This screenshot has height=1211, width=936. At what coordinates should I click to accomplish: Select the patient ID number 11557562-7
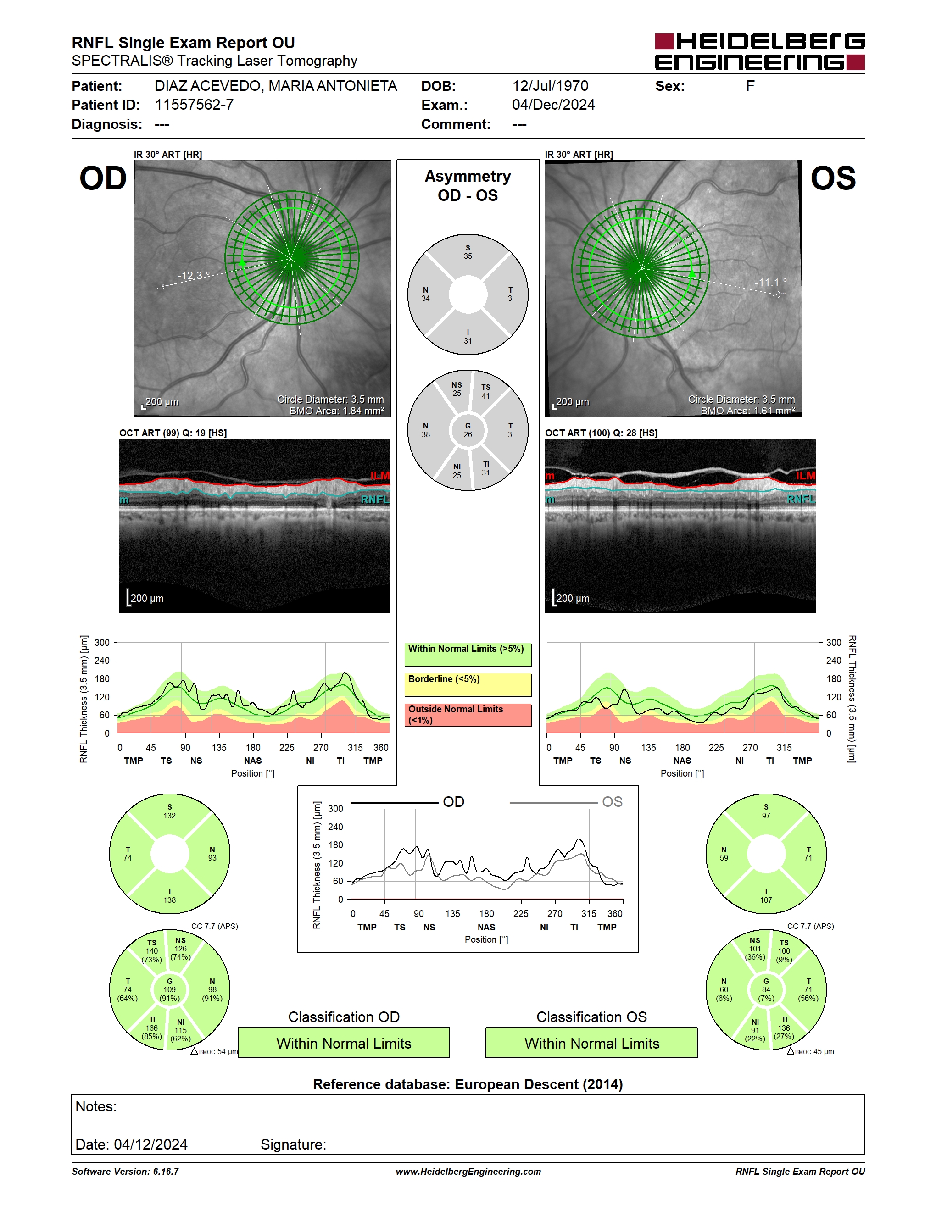point(194,105)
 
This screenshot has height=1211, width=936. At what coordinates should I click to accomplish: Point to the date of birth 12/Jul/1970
point(550,86)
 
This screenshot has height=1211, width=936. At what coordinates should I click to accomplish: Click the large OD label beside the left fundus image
point(103,178)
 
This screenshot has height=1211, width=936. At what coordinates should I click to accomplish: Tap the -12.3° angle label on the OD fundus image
point(194,276)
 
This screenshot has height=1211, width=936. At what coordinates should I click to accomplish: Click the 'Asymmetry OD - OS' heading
point(468,186)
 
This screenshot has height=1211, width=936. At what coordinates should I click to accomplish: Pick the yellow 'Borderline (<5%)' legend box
point(468,685)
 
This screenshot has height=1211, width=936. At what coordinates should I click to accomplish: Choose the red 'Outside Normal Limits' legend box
point(468,715)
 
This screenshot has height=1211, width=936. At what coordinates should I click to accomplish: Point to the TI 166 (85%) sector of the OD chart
point(151,1028)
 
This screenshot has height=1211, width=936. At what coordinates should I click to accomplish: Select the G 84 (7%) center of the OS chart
point(766,990)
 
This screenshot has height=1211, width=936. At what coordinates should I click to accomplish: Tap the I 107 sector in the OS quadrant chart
point(766,896)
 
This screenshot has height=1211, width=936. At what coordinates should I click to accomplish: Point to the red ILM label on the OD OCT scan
point(380,476)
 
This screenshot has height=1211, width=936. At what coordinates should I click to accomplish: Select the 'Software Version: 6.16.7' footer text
point(125,1172)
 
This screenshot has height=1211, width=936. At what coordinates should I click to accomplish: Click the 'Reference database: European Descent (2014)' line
point(468,1084)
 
